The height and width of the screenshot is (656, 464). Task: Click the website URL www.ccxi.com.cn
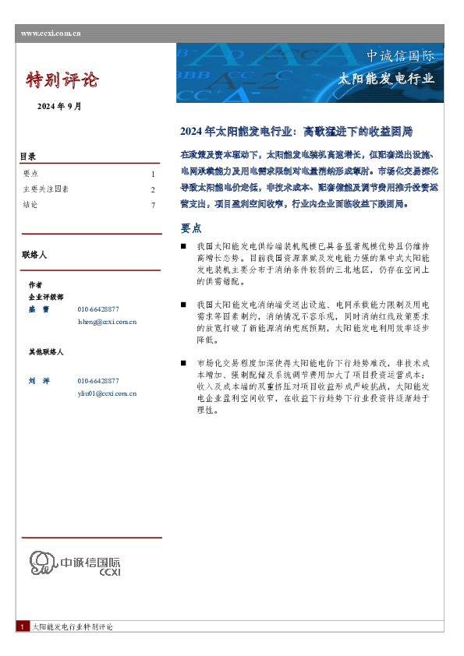(51, 33)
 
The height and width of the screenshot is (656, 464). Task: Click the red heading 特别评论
(62, 79)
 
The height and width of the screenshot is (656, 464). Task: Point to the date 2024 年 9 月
(59, 106)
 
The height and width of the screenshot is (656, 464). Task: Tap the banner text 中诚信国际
(401, 56)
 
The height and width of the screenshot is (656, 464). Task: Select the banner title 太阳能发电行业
(386, 79)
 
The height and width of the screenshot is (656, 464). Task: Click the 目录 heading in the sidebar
(28, 157)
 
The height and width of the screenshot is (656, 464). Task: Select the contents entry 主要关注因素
(46, 189)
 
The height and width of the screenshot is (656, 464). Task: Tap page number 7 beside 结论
(153, 205)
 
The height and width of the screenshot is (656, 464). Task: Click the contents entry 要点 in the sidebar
(31, 175)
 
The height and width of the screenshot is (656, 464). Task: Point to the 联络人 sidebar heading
(35, 255)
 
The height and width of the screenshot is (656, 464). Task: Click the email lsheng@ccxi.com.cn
(107, 321)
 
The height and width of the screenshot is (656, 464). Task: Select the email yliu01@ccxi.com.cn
(107, 393)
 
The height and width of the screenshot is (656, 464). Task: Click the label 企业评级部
(45, 297)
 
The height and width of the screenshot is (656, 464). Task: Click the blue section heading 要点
(191, 228)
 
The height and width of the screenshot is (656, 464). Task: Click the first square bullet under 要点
(182, 246)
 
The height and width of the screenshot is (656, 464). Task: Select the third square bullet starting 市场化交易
(182, 363)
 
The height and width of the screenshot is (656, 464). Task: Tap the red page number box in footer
(23, 626)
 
